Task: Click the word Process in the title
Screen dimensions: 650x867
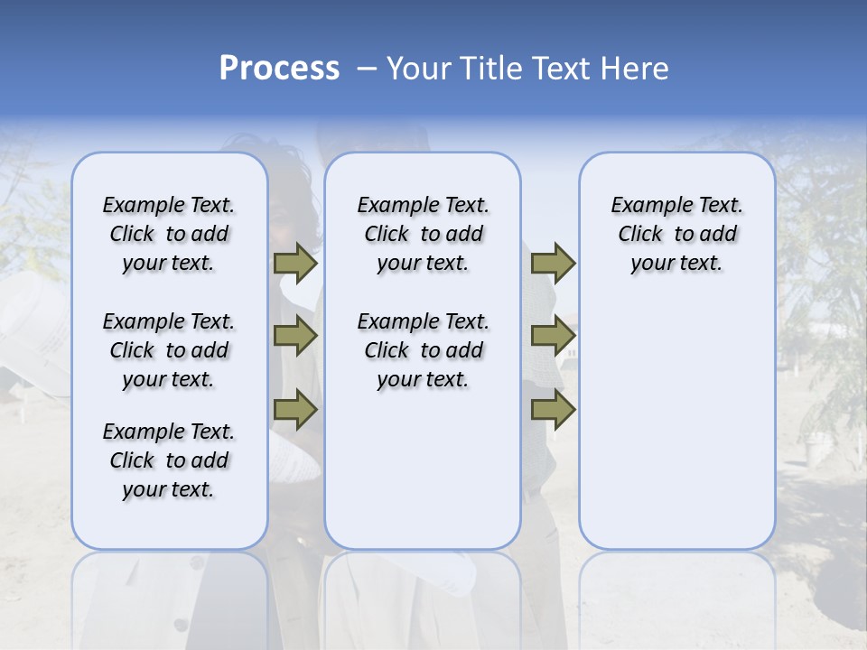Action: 278,69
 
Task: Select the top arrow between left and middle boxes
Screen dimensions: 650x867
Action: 295,264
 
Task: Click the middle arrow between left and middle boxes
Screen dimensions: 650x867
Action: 295,337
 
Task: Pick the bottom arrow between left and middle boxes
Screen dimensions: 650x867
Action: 295,410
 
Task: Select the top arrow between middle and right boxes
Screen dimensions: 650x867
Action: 553,264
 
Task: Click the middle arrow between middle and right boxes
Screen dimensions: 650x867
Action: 553,337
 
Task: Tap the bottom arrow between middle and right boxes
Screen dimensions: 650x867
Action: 553,410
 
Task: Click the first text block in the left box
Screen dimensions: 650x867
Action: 169,234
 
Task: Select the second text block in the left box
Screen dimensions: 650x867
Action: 169,350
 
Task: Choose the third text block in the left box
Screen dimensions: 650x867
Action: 169,460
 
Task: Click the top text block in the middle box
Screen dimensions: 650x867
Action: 423,234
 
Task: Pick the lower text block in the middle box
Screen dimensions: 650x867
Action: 423,350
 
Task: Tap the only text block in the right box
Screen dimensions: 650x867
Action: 676,234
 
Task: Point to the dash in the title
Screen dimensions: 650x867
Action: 366,69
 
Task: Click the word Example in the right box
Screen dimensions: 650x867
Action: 646,206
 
